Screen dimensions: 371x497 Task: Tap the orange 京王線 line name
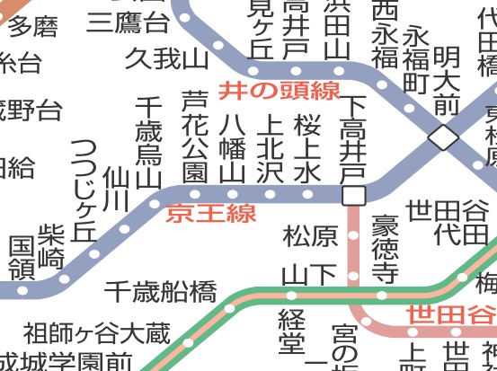(211, 214)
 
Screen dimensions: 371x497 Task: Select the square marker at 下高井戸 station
(353, 195)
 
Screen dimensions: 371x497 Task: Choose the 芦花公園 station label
(194, 136)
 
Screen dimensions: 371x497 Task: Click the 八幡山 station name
(232, 146)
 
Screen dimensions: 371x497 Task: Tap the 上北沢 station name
(269, 146)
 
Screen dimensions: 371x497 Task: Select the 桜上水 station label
(306, 146)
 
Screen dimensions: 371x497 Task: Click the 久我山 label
(166, 60)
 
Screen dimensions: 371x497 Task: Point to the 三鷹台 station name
(128, 22)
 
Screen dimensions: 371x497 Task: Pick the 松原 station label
(311, 236)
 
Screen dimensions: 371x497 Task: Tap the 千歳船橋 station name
(161, 291)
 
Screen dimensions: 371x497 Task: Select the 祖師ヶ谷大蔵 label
(96, 334)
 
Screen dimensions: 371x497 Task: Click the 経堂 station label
(292, 331)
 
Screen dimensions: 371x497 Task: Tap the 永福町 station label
(414, 59)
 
